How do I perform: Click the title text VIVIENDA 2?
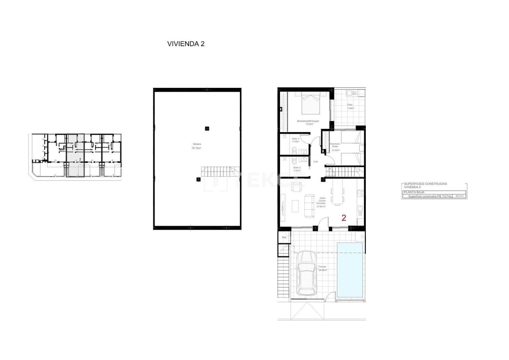pyautogui.click(x=186, y=44)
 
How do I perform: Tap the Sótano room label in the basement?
pyautogui.click(x=196, y=146)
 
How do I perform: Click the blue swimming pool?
pyautogui.click(x=350, y=270)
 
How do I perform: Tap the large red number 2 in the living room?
pyautogui.click(x=344, y=218)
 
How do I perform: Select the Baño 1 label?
pyautogui.click(x=296, y=140)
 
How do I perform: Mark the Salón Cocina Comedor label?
pyautogui.click(x=321, y=202)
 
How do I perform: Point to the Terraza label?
pyautogui.click(x=322, y=268)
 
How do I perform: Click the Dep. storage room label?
pyautogui.click(x=284, y=237)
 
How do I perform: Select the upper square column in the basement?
pyautogui.click(x=207, y=128)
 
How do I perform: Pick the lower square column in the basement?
pyautogui.click(x=198, y=179)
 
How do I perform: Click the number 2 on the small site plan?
pyautogui.click(x=80, y=159)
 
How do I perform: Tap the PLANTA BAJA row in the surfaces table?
pyautogui.click(x=414, y=192)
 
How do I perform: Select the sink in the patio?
pyautogui.click(x=350, y=93)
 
